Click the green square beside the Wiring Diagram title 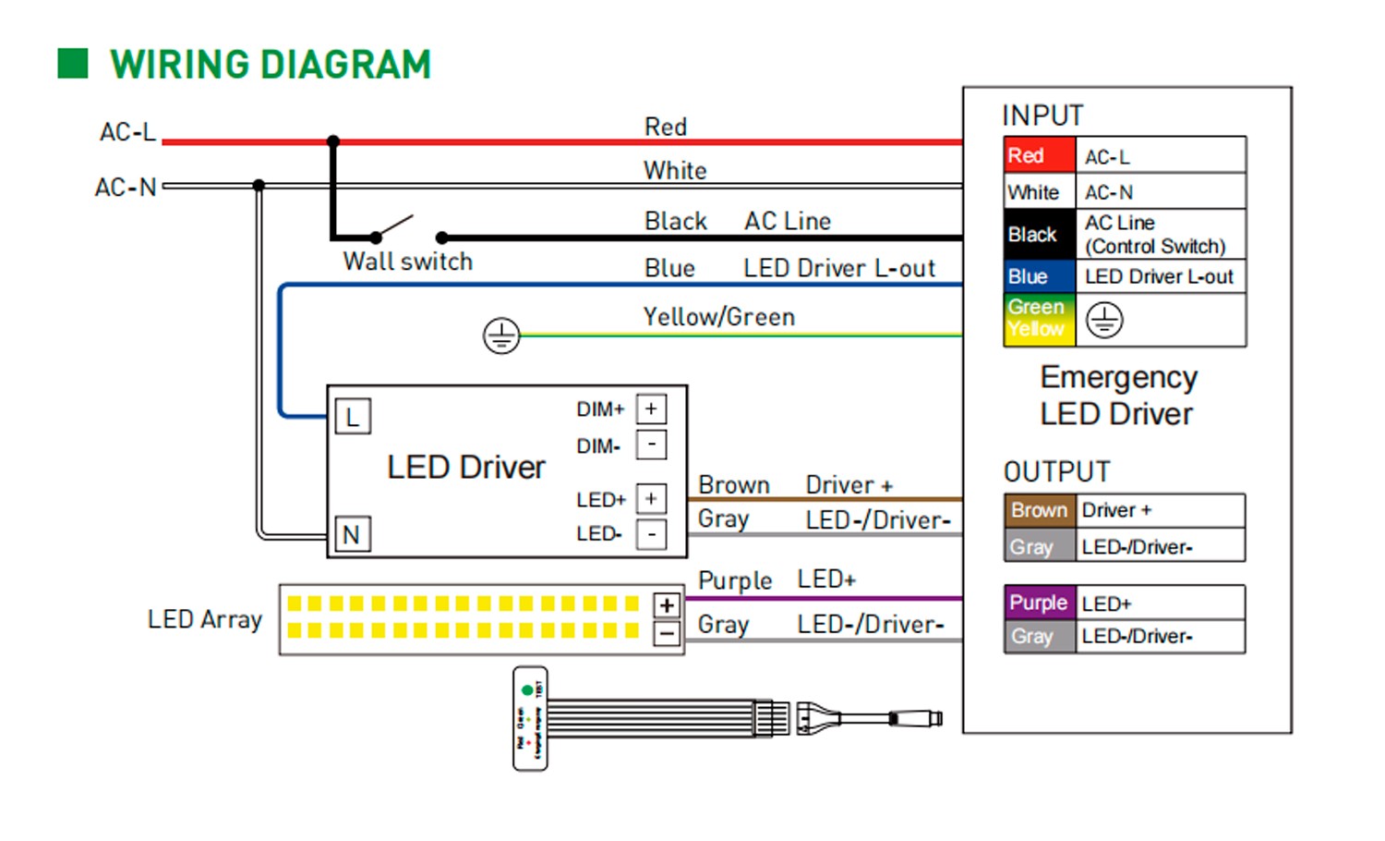click(73, 64)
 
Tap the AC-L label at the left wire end click(127, 132)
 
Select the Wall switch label click(407, 262)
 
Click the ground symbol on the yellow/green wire click(501, 335)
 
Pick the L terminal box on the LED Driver click(353, 418)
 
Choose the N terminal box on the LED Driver click(352, 534)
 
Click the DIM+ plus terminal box click(651, 409)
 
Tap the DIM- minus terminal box click(651, 445)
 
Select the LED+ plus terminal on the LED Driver click(651, 499)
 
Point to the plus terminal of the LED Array click(666, 605)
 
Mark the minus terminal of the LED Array click(666, 633)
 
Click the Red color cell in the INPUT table click(1040, 155)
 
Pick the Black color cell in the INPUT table click(1040, 234)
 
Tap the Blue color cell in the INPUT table click(1040, 276)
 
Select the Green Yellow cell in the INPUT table click(1040, 319)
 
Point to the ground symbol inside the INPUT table click(1104, 320)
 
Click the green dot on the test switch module click(527, 690)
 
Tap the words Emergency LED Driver click(1117, 396)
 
